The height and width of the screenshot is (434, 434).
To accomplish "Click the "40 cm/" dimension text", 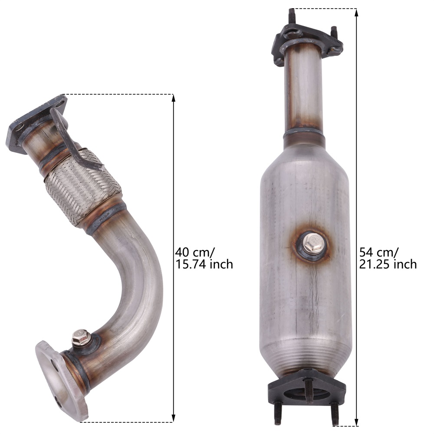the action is (x=195, y=252).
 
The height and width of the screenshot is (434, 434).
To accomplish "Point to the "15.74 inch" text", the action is (x=204, y=264).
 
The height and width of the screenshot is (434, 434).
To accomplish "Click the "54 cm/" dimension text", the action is (x=379, y=252).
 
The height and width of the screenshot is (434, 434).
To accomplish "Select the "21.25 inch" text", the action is (x=388, y=264).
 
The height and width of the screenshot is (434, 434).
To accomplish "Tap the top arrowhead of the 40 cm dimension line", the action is (x=174, y=98).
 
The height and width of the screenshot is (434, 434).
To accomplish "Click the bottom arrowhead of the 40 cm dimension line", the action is (x=174, y=418).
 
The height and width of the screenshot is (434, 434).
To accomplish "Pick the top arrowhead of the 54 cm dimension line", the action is (x=357, y=12).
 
